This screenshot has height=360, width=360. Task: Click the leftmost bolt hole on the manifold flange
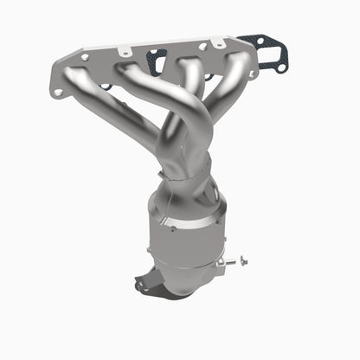(58, 90)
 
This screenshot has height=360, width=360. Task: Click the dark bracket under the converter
(156, 283)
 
